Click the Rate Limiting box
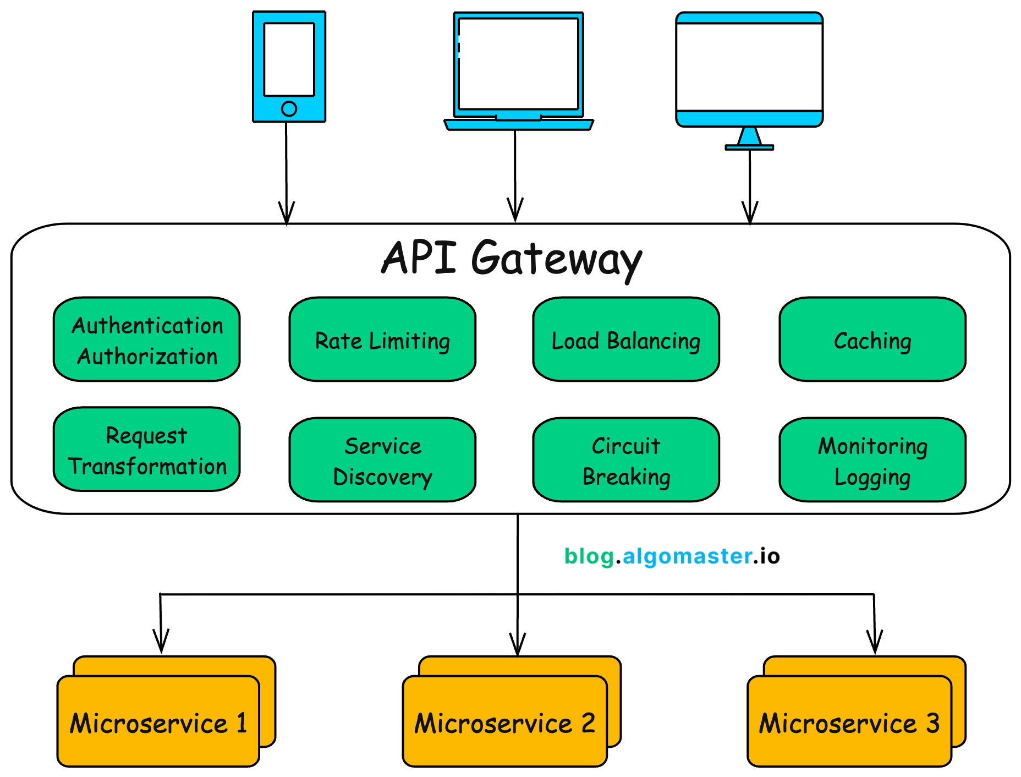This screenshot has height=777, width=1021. [x=382, y=340]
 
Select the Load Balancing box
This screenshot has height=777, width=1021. [x=626, y=340]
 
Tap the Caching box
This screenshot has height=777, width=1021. [x=872, y=340]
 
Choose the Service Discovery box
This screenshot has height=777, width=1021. [x=382, y=460]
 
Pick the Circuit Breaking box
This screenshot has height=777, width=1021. [x=626, y=460]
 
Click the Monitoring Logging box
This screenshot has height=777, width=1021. [x=872, y=460]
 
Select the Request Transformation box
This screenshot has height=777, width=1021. [x=147, y=450]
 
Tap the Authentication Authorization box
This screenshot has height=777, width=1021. [x=147, y=340]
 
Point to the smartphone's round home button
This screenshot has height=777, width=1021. [x=289, y=108]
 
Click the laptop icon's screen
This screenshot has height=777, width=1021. [x=518, y=63]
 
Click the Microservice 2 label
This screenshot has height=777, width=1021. [x=504, y=723]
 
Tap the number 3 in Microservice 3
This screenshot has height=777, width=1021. [x=932, y=723]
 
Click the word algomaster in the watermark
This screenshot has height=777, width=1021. [x=688, y=556]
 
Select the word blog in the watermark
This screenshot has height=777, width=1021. [x=589, y=556]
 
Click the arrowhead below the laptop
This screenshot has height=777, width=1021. [x=515, y=211]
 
